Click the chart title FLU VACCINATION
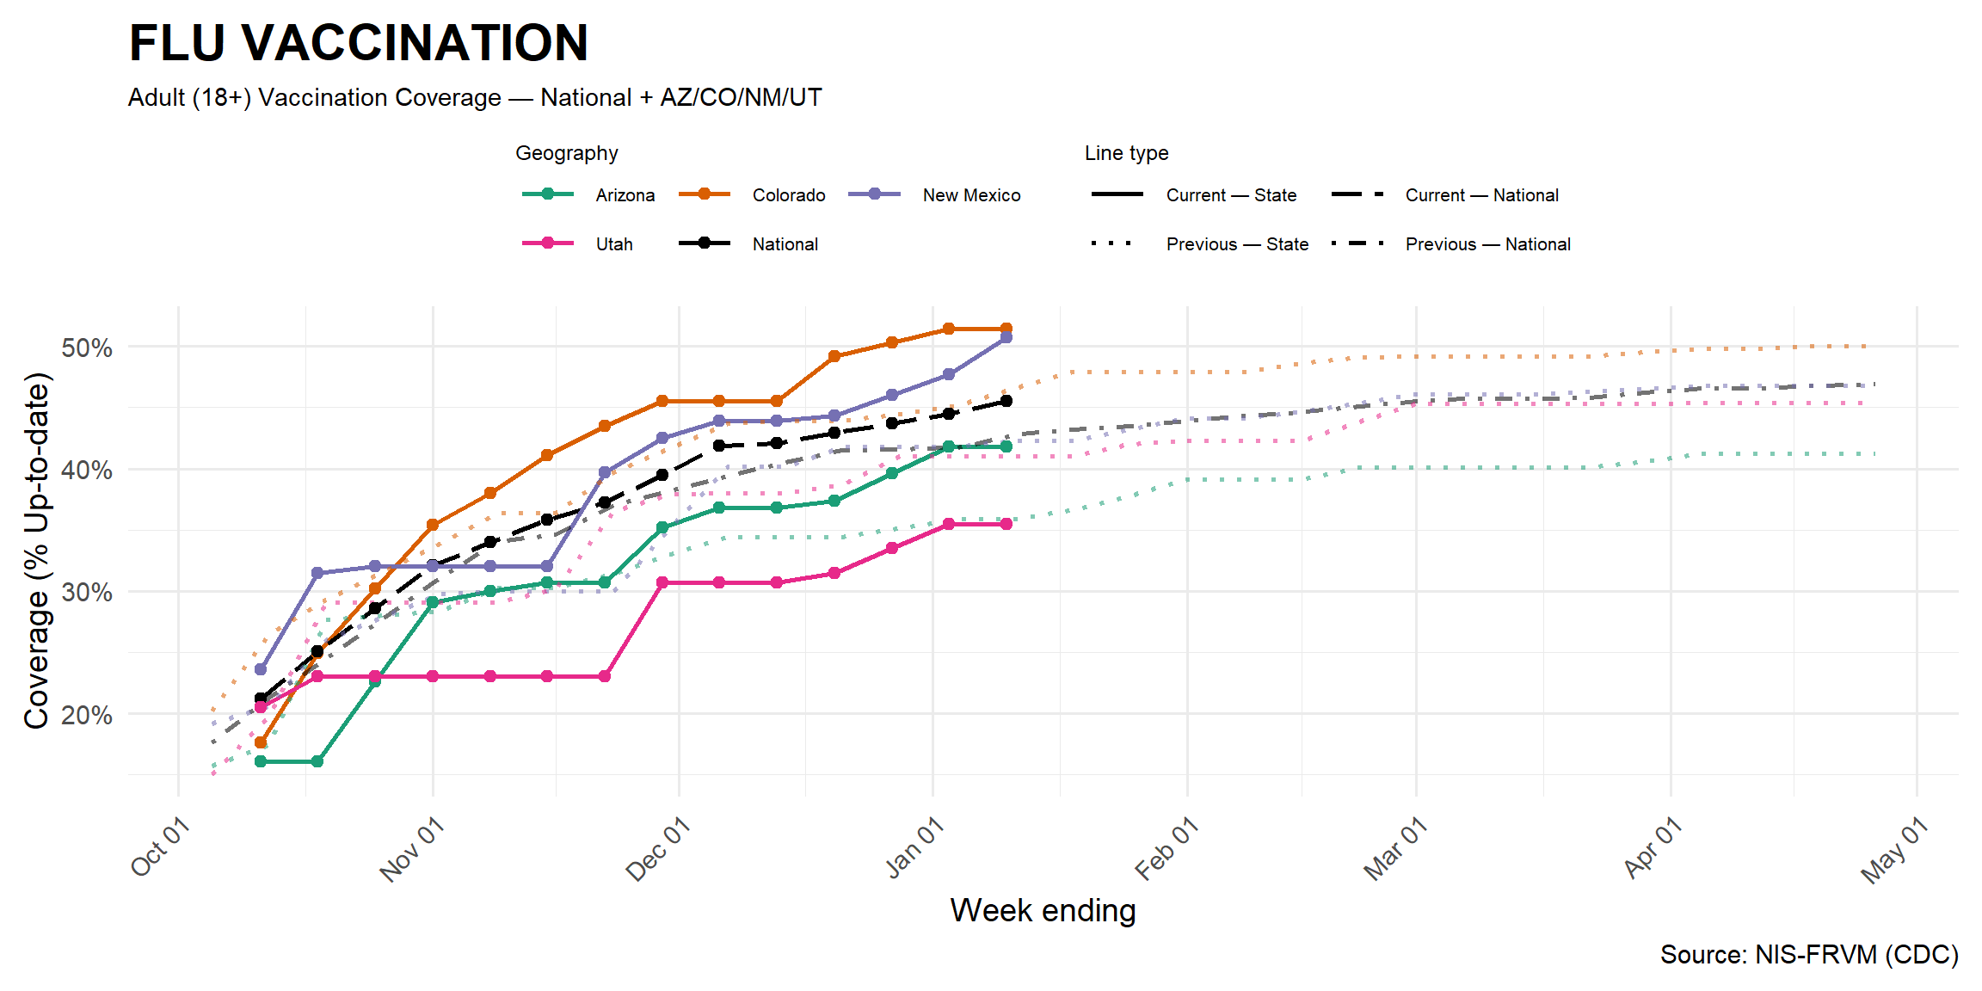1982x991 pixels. pos(359,43)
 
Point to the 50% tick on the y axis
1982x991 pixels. pos(87,348)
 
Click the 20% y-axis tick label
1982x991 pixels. pos(87,715)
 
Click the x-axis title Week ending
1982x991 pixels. pos(1043,910)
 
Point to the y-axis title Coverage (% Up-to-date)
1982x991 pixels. pos(37,551)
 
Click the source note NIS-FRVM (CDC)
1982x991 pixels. pos(1808,954)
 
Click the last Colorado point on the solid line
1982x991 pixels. pos(1006,329)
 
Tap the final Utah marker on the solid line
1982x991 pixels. pos(1006,524)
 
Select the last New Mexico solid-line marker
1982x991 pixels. pos(1006,338)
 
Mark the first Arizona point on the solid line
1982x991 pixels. pos(261,761)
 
